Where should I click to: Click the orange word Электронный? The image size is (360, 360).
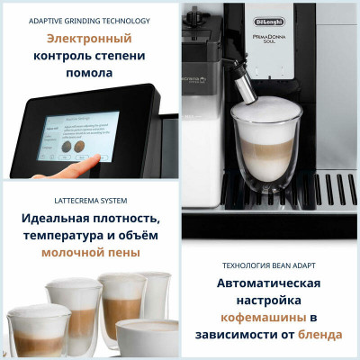[x=89, y=39]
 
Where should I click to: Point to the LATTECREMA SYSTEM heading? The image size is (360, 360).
[x=88, y=200]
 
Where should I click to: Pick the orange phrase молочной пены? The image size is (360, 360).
[x=90, y=252]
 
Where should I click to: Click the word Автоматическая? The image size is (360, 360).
[x=270, y=283]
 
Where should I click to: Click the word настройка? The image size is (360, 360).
[x=270, y=301]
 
